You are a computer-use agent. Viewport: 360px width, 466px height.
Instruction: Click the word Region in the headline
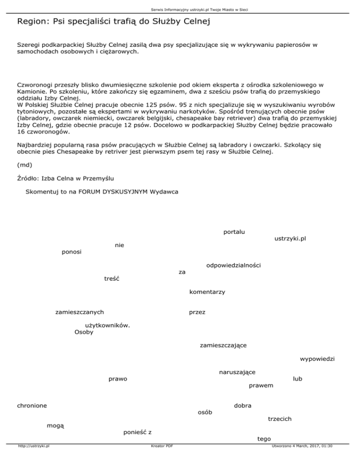coord(30,22)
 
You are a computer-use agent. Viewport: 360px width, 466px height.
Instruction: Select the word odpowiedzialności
coord(233,265)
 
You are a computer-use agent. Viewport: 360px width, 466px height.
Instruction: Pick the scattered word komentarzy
coord(207,292)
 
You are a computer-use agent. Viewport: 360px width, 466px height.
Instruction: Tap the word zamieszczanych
coord(80,312)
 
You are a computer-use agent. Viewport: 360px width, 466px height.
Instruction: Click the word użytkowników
coord(107,325)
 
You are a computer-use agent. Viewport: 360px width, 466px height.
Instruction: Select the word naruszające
coord(237,372)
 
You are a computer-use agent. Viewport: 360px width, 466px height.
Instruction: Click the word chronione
coord(32,405)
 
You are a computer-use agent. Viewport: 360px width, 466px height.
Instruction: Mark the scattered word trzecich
coord(280,418)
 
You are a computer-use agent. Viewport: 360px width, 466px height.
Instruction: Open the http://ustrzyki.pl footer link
coord(34,459)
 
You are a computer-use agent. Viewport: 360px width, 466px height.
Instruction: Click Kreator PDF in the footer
coord(160,459)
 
